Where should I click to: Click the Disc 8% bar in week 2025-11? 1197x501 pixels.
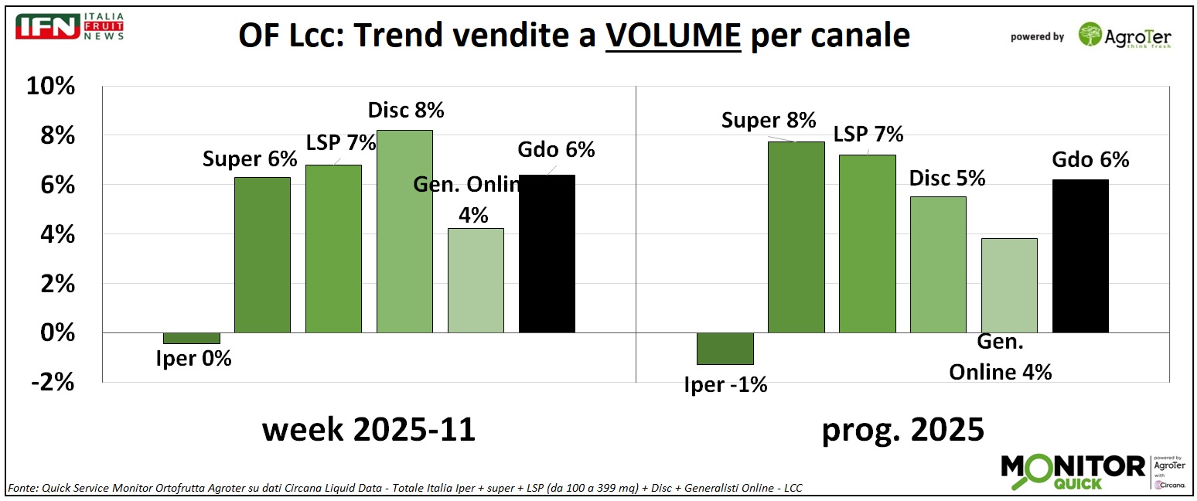(404, 231)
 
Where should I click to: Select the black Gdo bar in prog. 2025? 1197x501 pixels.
(1080, 256)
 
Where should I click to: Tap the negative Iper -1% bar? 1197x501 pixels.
(725, 348)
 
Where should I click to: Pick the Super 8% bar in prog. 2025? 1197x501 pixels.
(796, 237)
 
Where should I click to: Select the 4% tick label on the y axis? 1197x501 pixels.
(56, 234)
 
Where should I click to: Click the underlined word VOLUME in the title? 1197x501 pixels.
(673, 36)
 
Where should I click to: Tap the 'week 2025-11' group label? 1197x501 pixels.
(368, 429)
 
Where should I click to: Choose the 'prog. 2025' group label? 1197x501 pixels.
(902, 429)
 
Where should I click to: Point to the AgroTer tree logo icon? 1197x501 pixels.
(1090, 35)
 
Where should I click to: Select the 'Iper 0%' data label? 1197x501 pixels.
(193, 359)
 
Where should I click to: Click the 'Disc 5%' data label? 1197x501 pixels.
(947, 178)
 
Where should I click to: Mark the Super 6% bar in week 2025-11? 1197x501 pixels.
(262, 255)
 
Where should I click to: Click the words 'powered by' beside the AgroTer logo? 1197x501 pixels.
(1037, 36)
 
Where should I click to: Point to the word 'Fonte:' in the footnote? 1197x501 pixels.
(24, 488)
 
